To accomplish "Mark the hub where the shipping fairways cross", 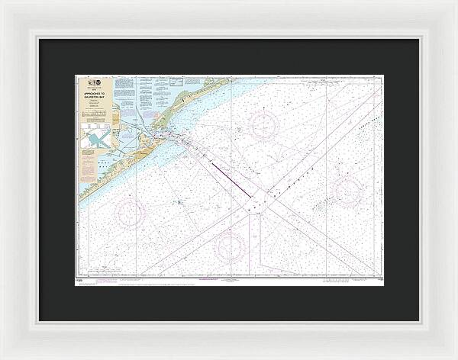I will coord(255,202).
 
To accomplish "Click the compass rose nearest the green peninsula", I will coord(263,124).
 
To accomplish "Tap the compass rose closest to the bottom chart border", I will coord(230,246).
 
